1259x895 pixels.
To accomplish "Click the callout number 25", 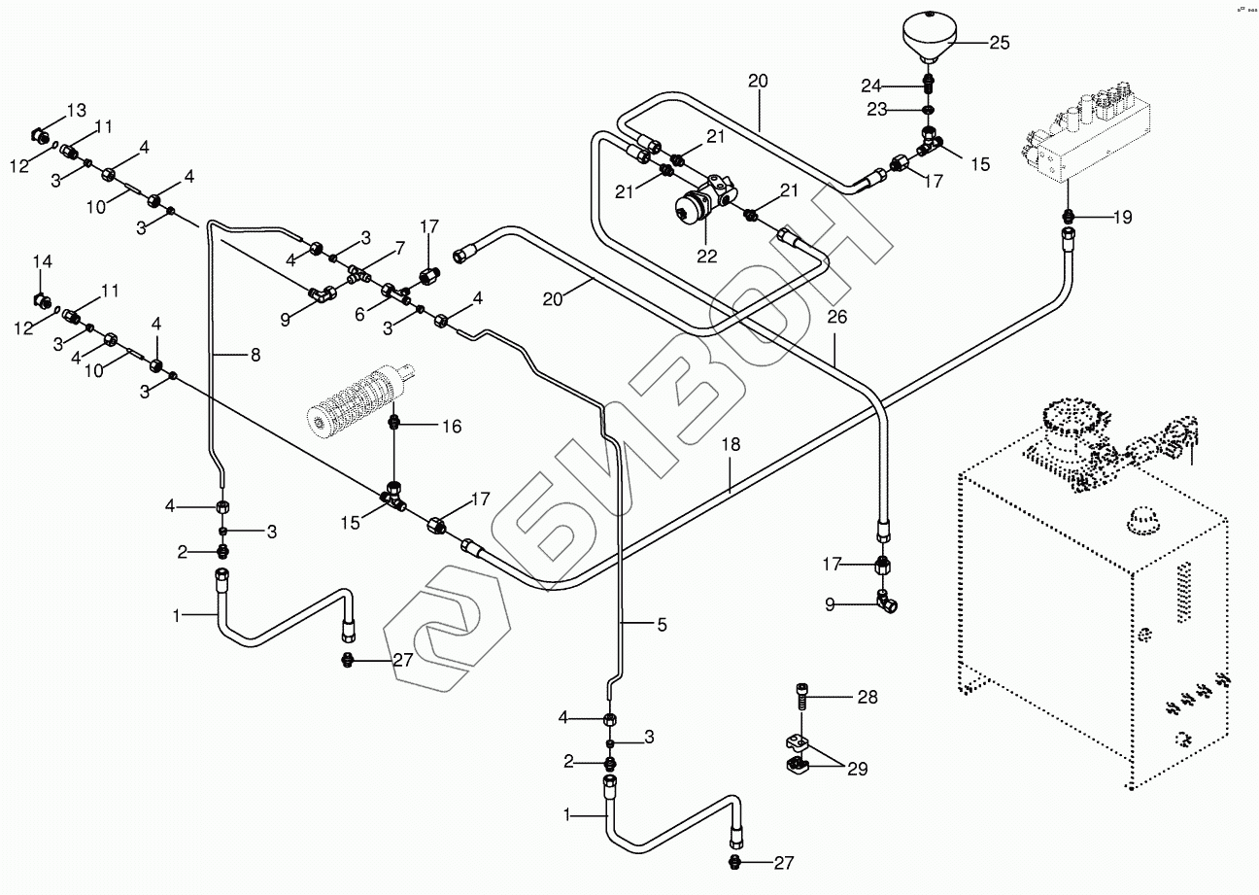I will click(x=999, y=43).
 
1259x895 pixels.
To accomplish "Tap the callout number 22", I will click(x=706, y=257).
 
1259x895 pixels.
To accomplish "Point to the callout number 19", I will click(x=1121, y=218).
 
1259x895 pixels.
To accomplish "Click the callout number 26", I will click(x=836, y=318).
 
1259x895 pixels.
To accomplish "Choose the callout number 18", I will click(x=731, y=444).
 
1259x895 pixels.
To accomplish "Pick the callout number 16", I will click(x=452, y=426).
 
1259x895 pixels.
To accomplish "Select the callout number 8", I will click(x=255, y=356).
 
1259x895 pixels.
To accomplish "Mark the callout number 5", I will click(x=661, y=625).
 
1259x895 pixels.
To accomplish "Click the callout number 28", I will click(x=867, y=697).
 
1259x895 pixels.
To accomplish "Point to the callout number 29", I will click(x=856, y=769).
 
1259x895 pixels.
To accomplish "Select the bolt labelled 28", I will click(x=800, y=697).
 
